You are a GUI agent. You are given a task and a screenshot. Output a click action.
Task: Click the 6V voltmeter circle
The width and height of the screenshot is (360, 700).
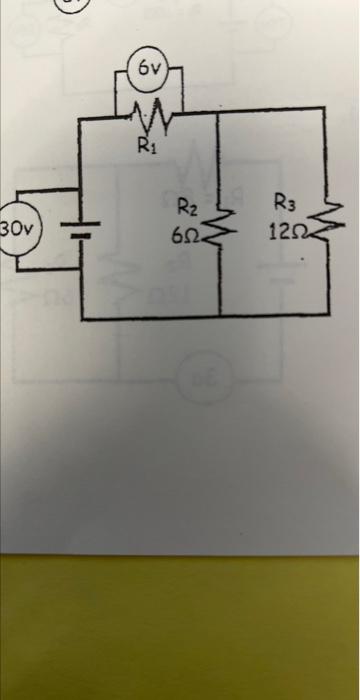(149, 69)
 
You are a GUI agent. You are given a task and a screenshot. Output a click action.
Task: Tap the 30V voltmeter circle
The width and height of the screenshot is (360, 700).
(18, 229)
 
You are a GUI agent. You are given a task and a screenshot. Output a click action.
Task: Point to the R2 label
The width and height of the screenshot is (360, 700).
(187, 209)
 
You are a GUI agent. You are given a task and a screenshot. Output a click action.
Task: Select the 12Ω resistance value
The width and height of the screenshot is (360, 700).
(283, 233)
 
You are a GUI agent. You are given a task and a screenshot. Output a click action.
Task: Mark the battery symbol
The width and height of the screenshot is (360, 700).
(79, 233)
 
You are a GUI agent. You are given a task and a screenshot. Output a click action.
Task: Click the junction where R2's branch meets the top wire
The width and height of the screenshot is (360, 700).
(219, 113)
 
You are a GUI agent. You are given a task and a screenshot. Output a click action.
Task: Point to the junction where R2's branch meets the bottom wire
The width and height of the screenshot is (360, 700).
(219, 317)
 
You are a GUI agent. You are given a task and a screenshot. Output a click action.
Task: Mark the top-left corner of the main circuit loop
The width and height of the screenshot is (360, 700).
(79, 120)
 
